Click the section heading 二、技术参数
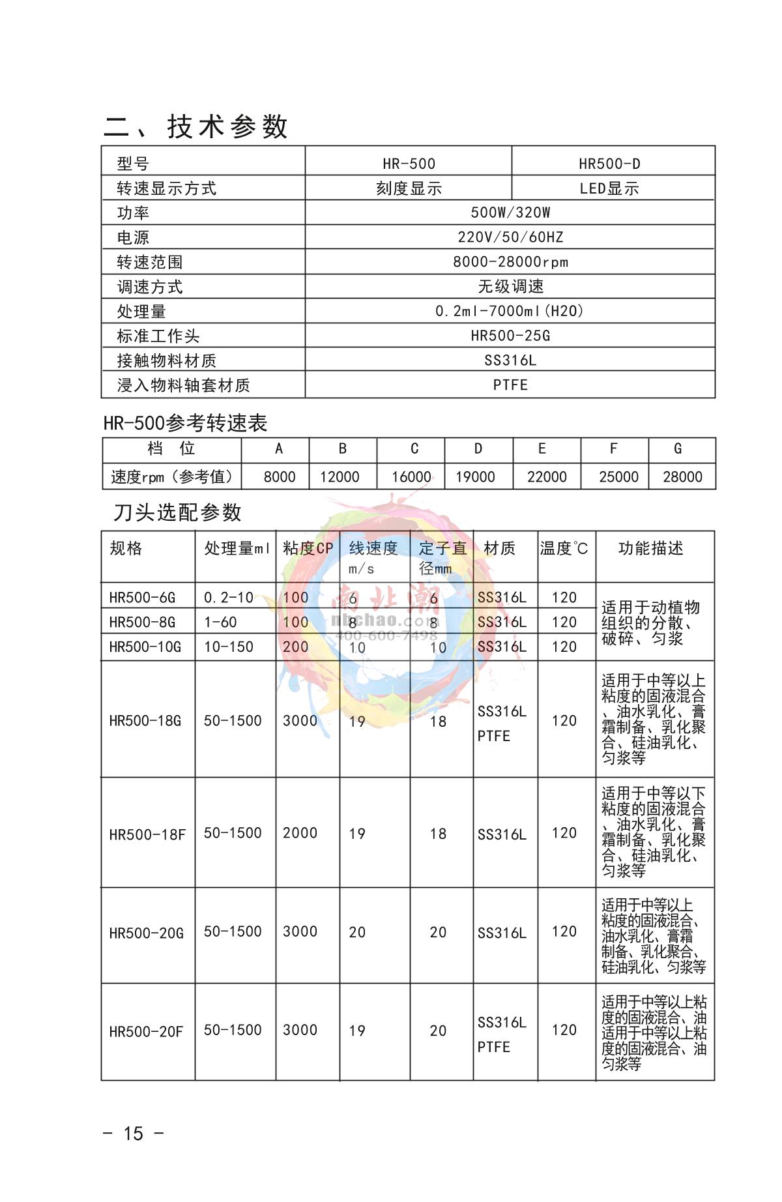click(x=195, y=126)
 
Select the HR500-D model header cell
click(x=609, y=164)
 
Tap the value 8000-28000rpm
click(x=510, y=262)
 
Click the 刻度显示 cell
click(x=409, y=188)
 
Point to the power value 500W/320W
click(x=510, y=213)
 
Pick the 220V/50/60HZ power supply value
click(x=510, y=237)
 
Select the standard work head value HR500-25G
click(x=510, y=336)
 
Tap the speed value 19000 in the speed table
click(x=475, y=477)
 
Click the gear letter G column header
click(x=678, y=448)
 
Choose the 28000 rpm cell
click(x=682, y=477)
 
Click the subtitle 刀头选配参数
click(x=177, y=512)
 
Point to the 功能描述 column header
click(x=650, y=548)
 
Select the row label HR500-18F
click(x=147, y=834)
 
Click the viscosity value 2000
click(x=300, y=833)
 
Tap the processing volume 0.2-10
click(x=228, y=598)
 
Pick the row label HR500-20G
click(x=147, y=933)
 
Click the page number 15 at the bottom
click(x=133, y=1134)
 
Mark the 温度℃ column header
click(x=564, y=549)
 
